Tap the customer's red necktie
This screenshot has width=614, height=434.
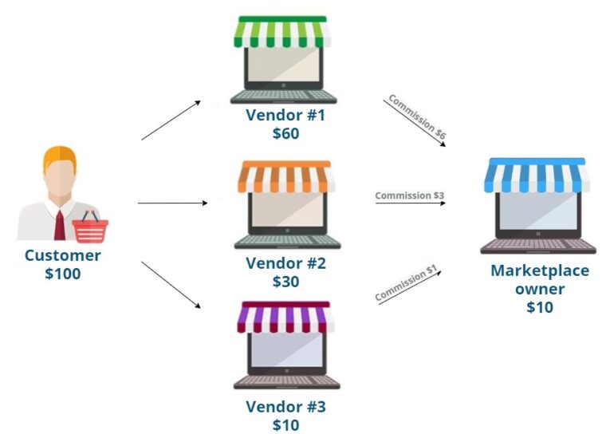coord(60,223)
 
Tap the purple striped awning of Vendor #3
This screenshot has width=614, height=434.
coord(285,318)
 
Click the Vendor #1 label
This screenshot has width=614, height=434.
coord(285,115)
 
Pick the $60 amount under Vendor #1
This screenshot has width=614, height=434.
coord(285,133)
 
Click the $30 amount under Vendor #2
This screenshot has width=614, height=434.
coord(285,282)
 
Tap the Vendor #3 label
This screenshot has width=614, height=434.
coord(285,407)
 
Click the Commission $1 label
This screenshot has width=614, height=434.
coord(407,284)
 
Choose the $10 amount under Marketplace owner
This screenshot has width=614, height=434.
coord(540,307)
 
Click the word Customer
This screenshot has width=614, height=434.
coord(63,256)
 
